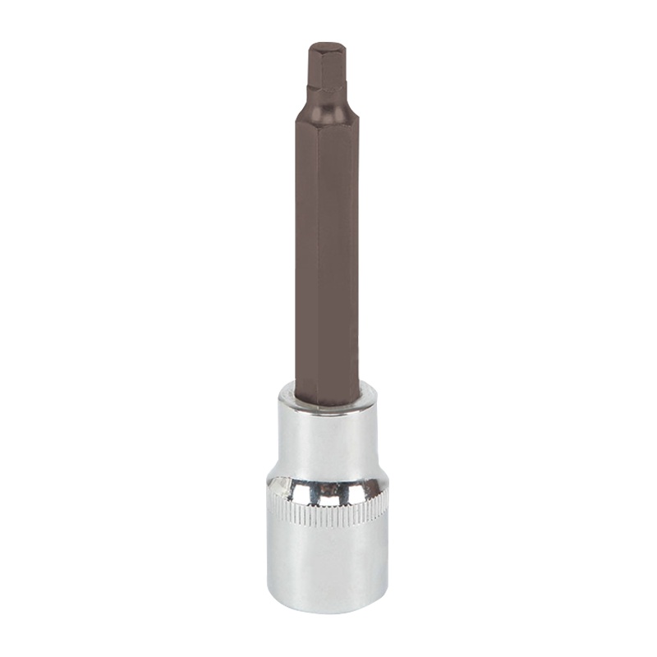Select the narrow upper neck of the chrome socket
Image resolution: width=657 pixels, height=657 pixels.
pos(326,435)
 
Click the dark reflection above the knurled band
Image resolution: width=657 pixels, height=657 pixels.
pos(328,490)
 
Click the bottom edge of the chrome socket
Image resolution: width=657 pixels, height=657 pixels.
pos(327,610)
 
